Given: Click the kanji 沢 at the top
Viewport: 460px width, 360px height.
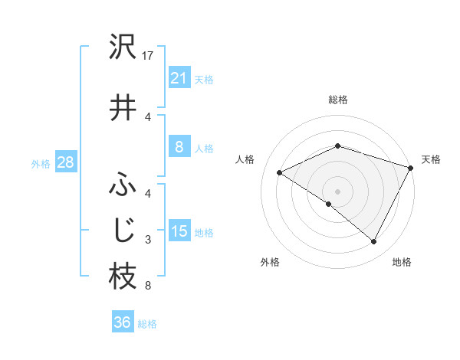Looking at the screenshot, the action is (x=123, y=47).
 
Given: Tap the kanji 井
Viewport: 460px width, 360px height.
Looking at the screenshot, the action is (x=123, y=107).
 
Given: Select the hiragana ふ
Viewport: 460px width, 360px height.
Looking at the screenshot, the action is (x=123, y=186).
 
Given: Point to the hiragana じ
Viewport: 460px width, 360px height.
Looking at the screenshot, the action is (x=123, y=231).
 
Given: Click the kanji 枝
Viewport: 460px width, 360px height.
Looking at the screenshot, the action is (x=123, y=277).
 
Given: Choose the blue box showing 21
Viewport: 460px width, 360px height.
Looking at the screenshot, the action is (x=179, y=77).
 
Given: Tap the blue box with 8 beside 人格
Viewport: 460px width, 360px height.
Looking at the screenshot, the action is (x=179, y=147).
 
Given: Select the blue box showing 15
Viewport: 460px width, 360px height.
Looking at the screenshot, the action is (x=179, y=231).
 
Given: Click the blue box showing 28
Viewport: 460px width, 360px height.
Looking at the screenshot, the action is (x=65, y=162).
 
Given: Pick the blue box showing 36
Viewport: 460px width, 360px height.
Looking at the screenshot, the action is (x=122, y=322).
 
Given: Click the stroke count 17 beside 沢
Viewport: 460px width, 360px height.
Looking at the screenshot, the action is (x=148, y=57).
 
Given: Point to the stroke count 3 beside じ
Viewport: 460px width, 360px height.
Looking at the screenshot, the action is (x=147, y=241).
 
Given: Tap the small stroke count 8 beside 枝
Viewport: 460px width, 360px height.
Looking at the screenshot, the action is (x=147, y=286).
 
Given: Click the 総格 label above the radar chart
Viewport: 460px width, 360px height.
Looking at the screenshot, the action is (x=337, y=100).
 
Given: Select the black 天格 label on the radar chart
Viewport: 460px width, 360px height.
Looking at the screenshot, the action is (x=431, y=159).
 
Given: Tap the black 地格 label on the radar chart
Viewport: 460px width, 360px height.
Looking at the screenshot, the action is (x=402, y=262).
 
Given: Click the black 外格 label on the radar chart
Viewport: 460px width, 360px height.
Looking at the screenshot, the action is (x=270, y=262).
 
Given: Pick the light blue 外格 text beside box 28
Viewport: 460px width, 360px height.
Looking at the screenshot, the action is (x=41, y=163).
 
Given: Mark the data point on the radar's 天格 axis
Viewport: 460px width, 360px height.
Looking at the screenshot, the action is (x=412, y=168).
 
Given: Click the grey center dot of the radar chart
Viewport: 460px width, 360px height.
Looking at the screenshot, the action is (x=337, y=191).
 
